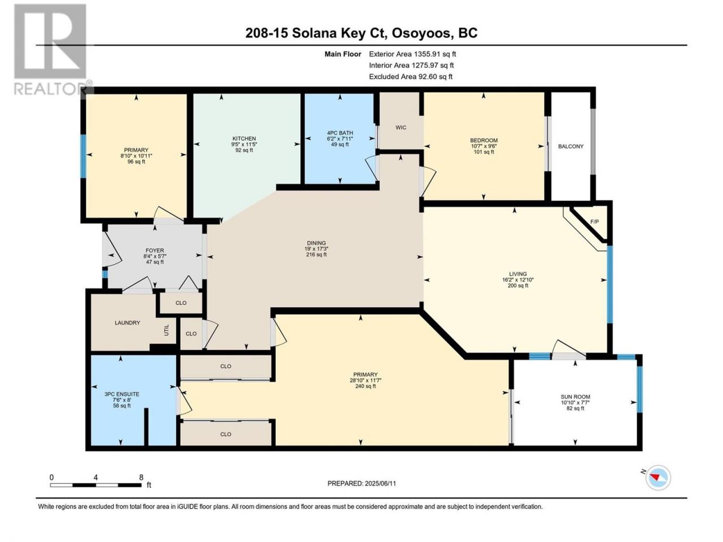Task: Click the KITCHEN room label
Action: [244, 138]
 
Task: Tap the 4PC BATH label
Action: [339, 133]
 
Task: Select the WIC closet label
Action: [401, 128]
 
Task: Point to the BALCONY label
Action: [570, 146]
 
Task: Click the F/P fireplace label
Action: [594, 222]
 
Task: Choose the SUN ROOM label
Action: [576, 397]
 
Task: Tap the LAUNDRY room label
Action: [127, 323]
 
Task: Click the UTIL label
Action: [167, 330]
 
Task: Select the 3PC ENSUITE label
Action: [122, 394]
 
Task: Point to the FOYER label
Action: [155, 251]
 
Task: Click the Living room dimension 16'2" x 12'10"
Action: [518, 279]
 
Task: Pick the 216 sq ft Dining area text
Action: [316, 255]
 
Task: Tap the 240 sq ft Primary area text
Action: [365, 386]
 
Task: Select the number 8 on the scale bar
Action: [141, 477]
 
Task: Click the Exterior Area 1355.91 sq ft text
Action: [412, 54]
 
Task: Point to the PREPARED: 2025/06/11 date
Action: [361, 483]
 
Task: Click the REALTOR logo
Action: [51, 50]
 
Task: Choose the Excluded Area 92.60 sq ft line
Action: [411, 77]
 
